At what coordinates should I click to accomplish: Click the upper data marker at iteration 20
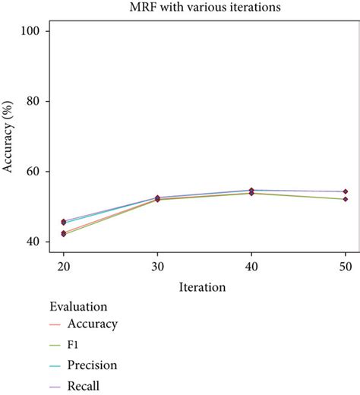[63, 222]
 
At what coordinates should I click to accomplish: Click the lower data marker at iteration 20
[63, 234]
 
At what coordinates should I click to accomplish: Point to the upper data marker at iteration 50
[346, 191]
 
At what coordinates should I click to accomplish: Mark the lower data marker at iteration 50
[346, 199]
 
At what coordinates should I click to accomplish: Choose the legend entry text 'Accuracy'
[92, 324]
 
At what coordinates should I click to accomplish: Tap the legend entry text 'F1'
[74, 345]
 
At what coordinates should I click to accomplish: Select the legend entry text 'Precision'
[93, 365]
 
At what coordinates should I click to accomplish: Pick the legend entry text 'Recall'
[84, 386]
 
